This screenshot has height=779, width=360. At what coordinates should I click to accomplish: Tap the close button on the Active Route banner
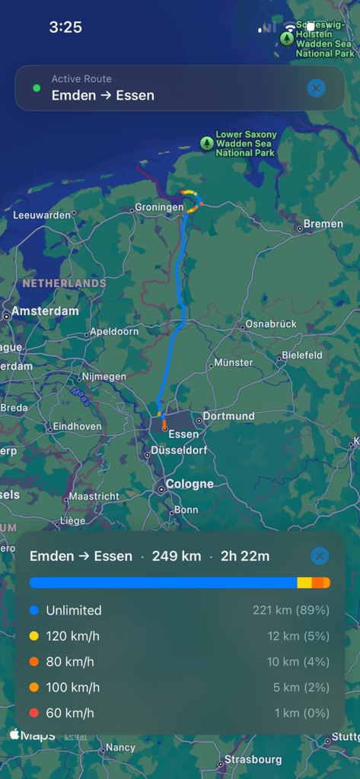coord(316,88)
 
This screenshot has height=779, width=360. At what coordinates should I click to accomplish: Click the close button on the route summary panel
coord(320,556)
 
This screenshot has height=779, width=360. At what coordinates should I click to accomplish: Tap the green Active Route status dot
coord(36,88)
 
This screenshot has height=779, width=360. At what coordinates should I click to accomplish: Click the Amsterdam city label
coord(45,311)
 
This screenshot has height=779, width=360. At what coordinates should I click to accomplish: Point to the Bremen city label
coord(323,224)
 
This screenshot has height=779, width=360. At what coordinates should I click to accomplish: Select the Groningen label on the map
coord(159,208)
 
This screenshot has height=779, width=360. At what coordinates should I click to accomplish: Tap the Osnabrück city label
coord(271,324)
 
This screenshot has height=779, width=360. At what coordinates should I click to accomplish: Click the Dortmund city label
coord(228,416)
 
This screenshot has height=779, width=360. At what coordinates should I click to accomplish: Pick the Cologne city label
coord(190,484)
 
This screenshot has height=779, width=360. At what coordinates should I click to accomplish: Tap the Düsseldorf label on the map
coord(179,450)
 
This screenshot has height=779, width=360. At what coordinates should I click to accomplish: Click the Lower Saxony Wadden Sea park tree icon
coord(206,143)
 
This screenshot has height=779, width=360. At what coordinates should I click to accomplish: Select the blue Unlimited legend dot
coord(33,610)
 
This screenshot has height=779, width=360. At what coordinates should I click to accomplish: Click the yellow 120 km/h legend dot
coord(33,636)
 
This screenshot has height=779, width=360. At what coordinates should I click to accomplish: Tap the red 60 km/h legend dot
coord(33,713)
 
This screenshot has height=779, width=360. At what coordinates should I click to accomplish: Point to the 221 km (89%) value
coord(291,610)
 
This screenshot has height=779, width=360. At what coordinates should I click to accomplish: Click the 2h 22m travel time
coord(245,556)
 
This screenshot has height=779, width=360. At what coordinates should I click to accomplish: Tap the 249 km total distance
coord(177,556)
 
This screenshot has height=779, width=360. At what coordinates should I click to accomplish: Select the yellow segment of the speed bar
coord(304,583)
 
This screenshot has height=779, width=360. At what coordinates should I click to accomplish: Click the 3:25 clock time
coord(65,27)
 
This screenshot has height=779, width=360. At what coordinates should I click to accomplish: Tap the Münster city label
coord(234,363)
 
